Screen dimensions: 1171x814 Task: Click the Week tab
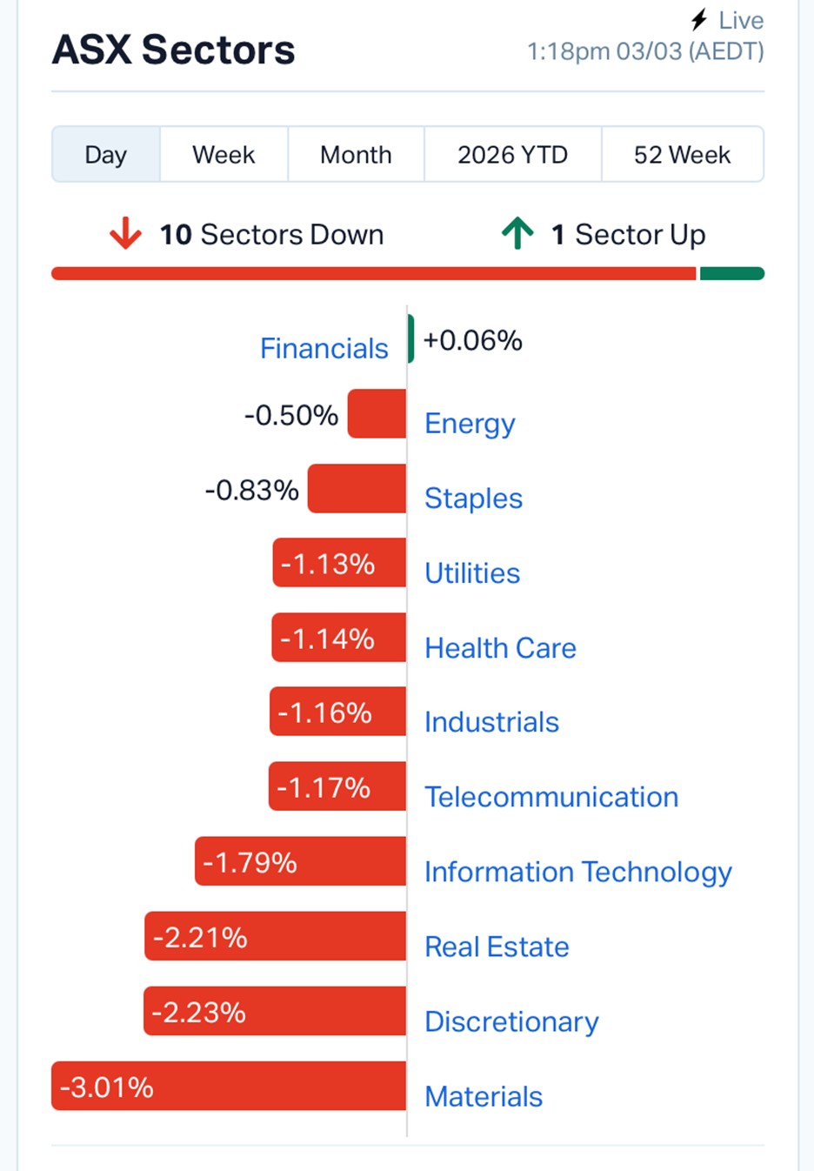click(224, 155)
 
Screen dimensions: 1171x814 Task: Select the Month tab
click(356, 155)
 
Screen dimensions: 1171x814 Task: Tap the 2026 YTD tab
click(512, 155)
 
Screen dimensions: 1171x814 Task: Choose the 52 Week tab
click(682, 155)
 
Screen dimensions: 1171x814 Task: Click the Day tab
click(106, 155)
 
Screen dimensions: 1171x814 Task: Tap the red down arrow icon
click(125, 233)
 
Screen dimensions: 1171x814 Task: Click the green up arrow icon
click(517, 233)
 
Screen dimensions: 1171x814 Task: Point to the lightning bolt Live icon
click(699, 19)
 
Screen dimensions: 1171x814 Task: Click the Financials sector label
click(324, 348)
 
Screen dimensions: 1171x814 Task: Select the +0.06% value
click(472, 340)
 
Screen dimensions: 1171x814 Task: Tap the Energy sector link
click(470, 424)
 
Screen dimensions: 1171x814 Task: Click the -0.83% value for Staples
click(252, 490)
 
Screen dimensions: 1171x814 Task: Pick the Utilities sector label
click(472, 573)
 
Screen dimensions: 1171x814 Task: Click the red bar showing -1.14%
click(338, 638)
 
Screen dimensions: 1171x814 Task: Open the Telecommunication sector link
click(551, 797)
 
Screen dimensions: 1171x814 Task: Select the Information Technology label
click(578, 872)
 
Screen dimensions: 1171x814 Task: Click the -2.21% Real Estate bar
click(275, 936)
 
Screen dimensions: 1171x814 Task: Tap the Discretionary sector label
click(511, 1021)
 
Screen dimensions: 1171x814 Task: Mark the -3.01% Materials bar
click(229, 1086)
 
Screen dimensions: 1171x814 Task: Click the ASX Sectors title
click(174, 50)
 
